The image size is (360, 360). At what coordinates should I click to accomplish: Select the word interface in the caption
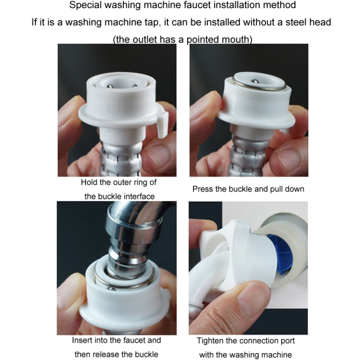138,196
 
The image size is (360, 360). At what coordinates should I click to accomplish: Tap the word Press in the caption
202,189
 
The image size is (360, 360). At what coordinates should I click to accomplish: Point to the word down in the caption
294,189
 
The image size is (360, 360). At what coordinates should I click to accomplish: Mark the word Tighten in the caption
210,341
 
